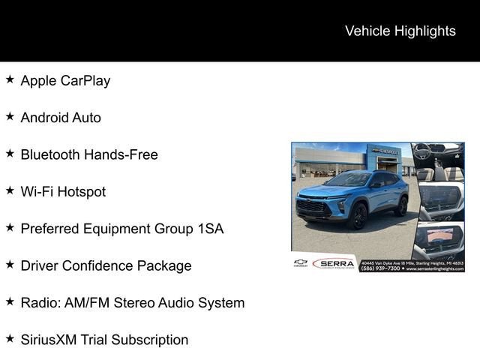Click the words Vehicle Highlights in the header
(x=400, y=31)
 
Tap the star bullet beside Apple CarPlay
(x=10, y=79)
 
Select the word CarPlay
(x=85, y=80)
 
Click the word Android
(x=44, y=117)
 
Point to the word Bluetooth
(x=50, y=154)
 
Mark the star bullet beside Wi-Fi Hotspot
(x=10, y=190)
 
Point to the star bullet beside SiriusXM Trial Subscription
(x=10, y=339)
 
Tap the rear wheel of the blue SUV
(x=400, y=204)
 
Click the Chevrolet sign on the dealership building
(x=386, y=151)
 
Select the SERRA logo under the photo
(x=332, y=263)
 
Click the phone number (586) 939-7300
(x=379, y=268)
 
